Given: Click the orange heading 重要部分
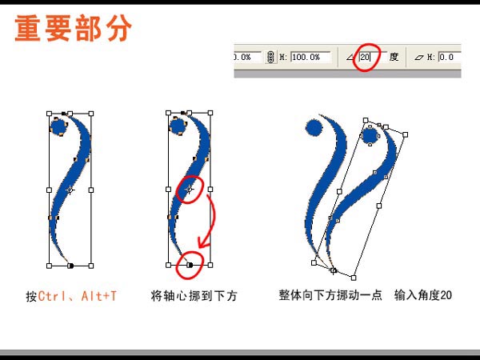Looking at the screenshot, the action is point(74,28).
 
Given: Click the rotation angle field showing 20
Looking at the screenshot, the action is point(369,57).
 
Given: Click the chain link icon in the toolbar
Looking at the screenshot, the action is point(270,57).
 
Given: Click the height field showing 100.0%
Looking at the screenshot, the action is point(310,58).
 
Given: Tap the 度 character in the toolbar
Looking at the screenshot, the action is point(394,57).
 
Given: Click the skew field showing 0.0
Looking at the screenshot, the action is point(450,58).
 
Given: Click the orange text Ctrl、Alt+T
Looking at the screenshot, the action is point(77,296).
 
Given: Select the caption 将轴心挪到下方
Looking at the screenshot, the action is point(194,296).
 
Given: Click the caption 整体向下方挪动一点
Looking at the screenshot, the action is point(330,295).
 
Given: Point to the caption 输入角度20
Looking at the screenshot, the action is point(423,295).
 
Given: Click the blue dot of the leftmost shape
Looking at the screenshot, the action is point(58,126).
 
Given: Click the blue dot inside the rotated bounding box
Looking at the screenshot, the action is point(370,136).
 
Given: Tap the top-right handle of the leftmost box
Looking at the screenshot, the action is point(91,114).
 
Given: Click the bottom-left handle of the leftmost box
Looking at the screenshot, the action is point(49,266).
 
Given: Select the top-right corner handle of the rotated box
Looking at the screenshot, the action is point(406,134).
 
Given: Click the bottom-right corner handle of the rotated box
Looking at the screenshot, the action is point(354,278).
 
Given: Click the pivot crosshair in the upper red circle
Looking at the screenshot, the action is point(189,190).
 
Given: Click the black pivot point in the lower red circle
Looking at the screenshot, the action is point(190,265).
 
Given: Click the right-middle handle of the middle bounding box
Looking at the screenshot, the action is point(210,189).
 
